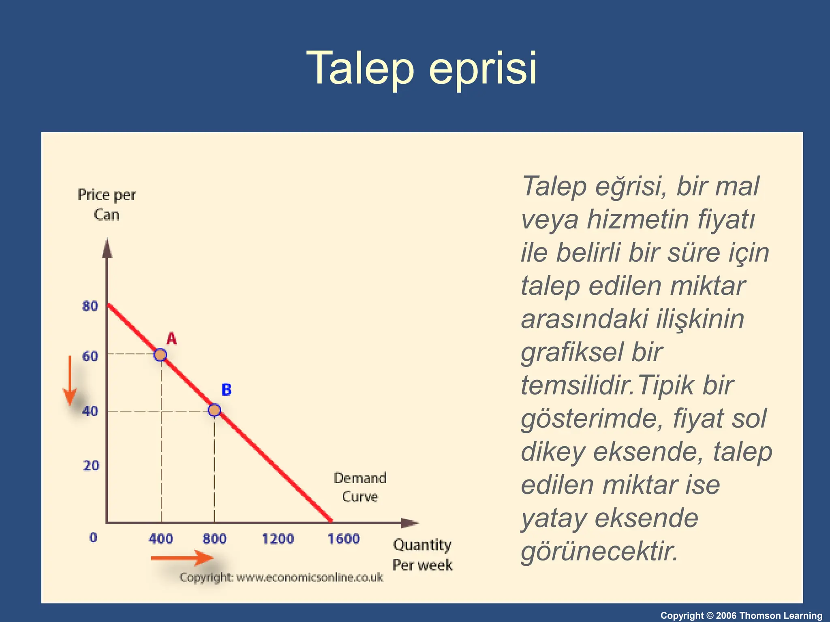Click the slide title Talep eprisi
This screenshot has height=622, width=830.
tap(421, 68)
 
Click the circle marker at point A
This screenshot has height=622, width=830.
tap(160, 355)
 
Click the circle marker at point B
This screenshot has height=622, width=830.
tap(214, 410)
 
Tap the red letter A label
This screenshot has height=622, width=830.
tap(172, 339)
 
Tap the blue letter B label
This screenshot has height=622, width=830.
tap(227, 390)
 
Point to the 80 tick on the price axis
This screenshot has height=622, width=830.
tap(90, 306)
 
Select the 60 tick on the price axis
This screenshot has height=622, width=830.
tap(90, 356)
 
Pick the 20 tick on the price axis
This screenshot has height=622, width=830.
tap(91, 466)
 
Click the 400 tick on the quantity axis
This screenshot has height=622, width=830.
tap(160, 539)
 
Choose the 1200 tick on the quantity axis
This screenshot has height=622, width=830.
tap(278, 539)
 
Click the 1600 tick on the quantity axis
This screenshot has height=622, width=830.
tap(344, 539)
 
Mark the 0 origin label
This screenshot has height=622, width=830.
tap(93, 538)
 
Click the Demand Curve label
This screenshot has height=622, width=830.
tap(360, 487)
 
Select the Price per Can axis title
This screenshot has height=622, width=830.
tap(107, 204)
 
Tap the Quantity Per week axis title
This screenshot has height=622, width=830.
tap(422, 555)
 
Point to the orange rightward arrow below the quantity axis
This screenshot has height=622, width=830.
tap(182, 558)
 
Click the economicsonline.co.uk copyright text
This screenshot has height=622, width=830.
tap(281, 577)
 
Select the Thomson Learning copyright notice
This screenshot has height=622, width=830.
tap(741, 616)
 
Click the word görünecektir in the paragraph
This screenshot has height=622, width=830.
tap(599, 552)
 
